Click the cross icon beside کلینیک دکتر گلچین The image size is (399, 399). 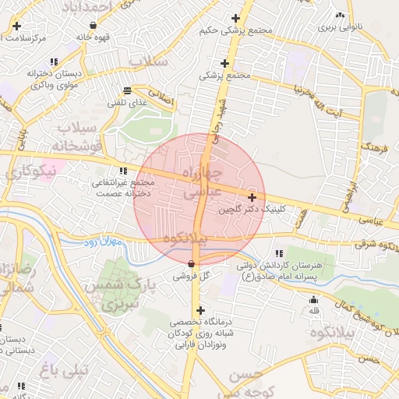point(251,198)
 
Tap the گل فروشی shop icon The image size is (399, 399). point(192,263)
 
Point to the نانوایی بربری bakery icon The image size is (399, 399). point(339,16)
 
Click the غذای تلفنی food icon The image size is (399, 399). point(127,90)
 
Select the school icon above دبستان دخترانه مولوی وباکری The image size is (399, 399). point(54,61)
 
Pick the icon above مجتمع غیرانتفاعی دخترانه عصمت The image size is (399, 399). point(122,171)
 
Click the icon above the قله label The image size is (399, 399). point(314,301)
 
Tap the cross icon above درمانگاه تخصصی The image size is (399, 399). point(200,310)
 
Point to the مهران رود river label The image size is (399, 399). point(102,243)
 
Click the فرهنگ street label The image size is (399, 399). point(375,144)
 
